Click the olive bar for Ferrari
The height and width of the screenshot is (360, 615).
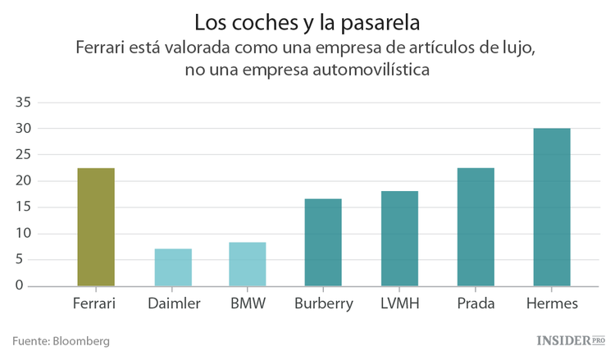(x=96, y=227)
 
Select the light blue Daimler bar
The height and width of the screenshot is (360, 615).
(x=173, y=267)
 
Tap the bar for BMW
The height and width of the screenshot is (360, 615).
(x=248, y=264)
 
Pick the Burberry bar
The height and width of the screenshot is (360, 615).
(x=323, y=242)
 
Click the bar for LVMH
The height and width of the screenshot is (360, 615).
(x=399, y=239)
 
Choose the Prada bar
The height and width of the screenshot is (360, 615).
(x=476, y=227)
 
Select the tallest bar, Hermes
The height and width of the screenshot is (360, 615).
(x=552, y=207)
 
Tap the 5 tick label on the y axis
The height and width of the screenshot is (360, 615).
(x=26, y=260)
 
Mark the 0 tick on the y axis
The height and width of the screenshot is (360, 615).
(x=26, y=285)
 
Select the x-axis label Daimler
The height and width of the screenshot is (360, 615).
(x=174, y=304)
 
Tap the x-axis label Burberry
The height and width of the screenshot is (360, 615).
(x=323, y=304)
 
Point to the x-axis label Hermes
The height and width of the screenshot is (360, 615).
(x=551, y=304)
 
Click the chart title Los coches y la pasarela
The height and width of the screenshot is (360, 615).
(x=307, y=20)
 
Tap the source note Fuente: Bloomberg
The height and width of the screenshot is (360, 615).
(x=61, y=340)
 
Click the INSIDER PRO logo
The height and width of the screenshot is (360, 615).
(x=570, y=339)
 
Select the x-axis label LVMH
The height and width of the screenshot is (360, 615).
(x=399, y=304)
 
